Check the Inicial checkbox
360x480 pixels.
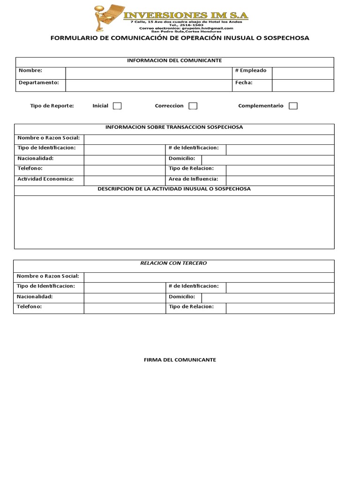117,106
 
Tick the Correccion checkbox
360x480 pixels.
193,106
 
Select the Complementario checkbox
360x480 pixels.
293,106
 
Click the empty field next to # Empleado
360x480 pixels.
303,73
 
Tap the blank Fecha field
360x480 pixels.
303,85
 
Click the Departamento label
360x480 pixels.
39,82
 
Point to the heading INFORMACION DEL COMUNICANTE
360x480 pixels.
175,60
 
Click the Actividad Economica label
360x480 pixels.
45,179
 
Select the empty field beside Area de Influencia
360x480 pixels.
280,180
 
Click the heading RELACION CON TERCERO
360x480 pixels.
173,263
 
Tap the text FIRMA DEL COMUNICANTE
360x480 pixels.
180,360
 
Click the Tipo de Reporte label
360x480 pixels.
52,106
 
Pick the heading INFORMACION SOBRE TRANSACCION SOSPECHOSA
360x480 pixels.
174,127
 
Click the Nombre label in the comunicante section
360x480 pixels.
30,70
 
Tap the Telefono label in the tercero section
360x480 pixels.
29,307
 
